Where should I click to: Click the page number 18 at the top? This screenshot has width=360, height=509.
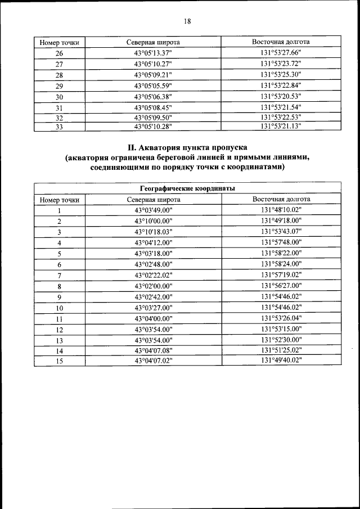point(187,21)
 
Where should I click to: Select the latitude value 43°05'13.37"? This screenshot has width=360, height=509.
point(153,53)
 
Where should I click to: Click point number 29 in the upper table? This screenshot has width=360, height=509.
point(60,85)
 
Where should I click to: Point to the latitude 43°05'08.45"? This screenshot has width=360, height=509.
point(153,107)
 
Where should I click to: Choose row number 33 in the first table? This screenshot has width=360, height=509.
point(60,127)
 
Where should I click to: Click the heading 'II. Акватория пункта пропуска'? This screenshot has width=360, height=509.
point(187,148)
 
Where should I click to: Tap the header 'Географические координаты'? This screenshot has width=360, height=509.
point(187,188)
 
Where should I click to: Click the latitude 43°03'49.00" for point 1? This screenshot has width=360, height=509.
point(153,210)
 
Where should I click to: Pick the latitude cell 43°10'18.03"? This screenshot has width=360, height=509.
point(153,232)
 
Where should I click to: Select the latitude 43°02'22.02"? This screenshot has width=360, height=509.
point(153,275)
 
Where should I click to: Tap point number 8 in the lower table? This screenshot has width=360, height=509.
point(59,286)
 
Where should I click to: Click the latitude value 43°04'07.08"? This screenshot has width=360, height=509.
point(153,350)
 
